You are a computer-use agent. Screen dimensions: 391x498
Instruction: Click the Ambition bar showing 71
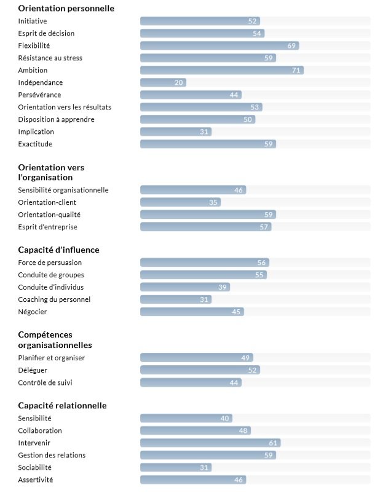(222, 70)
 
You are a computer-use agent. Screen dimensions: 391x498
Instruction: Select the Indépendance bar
(163, 82)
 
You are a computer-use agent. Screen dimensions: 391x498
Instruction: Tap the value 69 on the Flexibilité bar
(291, 45)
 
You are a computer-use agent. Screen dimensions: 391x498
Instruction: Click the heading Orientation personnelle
(66, 8)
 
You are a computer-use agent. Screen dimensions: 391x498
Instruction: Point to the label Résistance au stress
(50, 58)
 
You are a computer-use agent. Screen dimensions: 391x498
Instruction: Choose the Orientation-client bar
(180, 202)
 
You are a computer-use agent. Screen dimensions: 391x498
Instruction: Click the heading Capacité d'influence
(59, 250)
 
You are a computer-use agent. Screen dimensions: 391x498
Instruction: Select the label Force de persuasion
(50, 263)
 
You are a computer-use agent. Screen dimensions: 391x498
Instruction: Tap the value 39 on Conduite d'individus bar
(223, 287)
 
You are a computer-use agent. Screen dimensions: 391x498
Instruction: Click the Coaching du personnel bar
(176, 299)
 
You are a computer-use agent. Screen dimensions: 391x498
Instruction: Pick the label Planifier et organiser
(52, 358)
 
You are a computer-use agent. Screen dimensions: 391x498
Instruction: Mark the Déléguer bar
(200, 370)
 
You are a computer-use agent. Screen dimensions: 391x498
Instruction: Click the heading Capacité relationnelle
(62, 406)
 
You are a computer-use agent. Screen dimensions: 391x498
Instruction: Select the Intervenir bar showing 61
(210, 443)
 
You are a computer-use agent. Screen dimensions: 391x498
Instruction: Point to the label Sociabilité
(34, 467)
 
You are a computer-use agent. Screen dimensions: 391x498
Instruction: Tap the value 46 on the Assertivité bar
(239, 480)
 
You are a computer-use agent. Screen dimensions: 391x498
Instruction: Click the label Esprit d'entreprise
(47, 227)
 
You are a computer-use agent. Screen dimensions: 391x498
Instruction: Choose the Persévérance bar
(191, 95)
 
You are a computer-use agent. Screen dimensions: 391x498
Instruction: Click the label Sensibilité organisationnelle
(63, 190)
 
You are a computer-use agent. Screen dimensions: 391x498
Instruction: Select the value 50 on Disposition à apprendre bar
(248, 119)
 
